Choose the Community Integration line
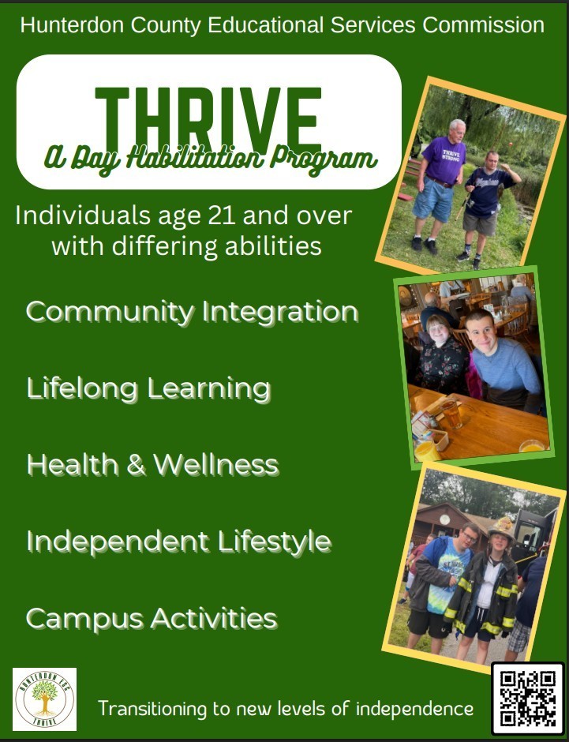(192, 312)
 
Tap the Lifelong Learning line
(148, 388)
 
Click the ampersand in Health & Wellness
(136, 465)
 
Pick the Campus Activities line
(151, 618)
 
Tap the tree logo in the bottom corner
(44, 698)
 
